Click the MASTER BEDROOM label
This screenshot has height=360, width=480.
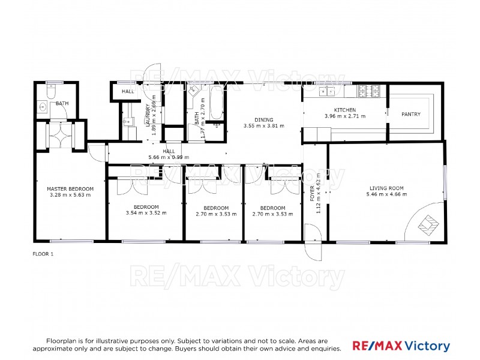[x=70, y=188]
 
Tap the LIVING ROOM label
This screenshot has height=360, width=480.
[x=386, y=188]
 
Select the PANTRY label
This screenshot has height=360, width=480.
[x=411, y=115]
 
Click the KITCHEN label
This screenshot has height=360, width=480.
[x=345, y=110]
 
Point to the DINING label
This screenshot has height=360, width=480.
[x=263, y=119]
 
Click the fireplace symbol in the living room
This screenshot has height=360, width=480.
[x=428, y=225]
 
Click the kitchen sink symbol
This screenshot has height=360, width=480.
[x=327, y=92]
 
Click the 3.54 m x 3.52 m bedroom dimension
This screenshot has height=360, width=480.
[x=146, y=213]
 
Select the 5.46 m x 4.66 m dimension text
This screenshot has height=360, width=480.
[x=386, y=195]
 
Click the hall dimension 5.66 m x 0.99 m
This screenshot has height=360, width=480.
[x=169, y=158]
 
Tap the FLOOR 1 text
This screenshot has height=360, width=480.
[x=43, y=254]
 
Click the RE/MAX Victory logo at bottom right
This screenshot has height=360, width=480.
[x=400, y=346]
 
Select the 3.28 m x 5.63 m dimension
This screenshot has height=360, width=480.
[x=70, y=195]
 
